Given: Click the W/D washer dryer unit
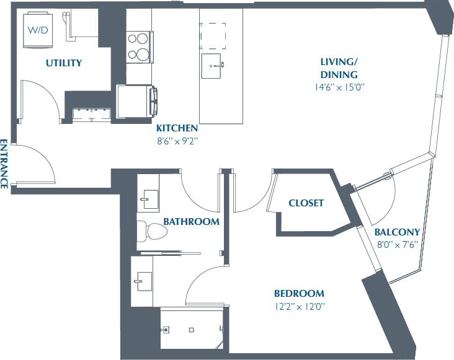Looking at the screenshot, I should [38, 30].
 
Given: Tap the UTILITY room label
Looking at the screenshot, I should [64, 63].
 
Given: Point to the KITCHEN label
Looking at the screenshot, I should [177, 128].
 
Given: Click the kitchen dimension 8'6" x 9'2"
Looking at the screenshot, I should [177, 141].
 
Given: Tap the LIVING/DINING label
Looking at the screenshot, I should [339, 68].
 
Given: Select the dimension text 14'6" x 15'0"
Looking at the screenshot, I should [339, 87].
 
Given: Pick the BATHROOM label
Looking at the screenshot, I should [191, 221].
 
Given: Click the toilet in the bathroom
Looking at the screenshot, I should [153, 231].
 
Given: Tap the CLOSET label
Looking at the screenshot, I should [306, 203].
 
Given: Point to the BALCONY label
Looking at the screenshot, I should [397, 232].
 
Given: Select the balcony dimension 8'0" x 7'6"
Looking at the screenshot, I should [398, 244].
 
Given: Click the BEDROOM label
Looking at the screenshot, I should [299, 294].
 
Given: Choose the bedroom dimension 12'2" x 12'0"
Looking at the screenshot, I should [300, 306].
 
